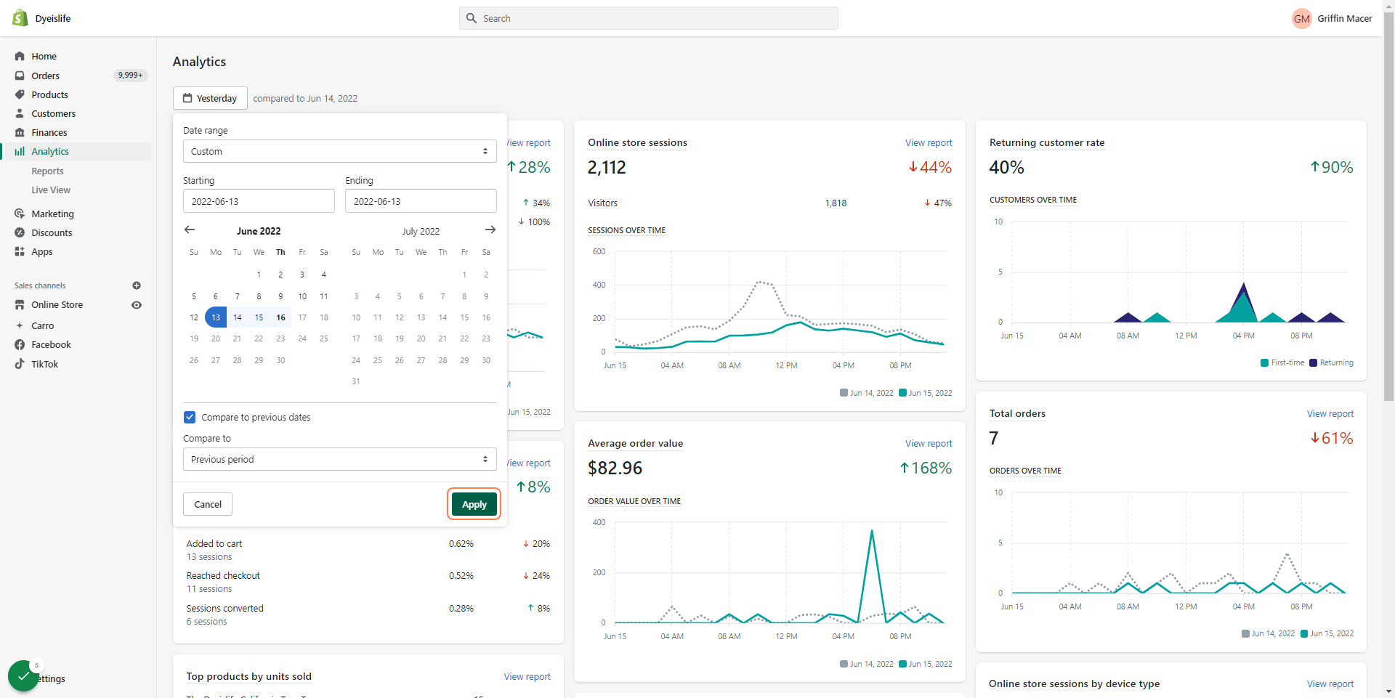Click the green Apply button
pyautogui.click(x=474, y=504)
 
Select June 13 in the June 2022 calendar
pyautogui.click(x=216, y=317)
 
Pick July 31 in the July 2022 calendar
pyautogui.click(x=356, y=381)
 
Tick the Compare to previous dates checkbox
pyautogui.click(x=190, y=417)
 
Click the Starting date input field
pyautogui.click(x=259, y=201)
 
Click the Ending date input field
pyautogui.click(x=421, y=201)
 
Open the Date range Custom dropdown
pyautogui.click(x=340, y=151)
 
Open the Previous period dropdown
pyautogui.click(x=340, y=459)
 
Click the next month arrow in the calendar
pyautogui.click(x=490, y=230)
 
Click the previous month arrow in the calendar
pyautogui.click(x=190, y=230)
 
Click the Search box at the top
pyautogui.click(x=648, y=18)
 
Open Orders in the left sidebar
pyautogui.click(x=46, y=76)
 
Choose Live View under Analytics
pyautogui.click(x=51, y=190)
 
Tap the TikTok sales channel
pyautogui.click(x=44, y=364)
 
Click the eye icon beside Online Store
pyautogui.click(x=137, y=305)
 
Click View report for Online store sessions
pyautogui.click(x=929, y=143)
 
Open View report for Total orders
pyautogui.click(x=1330, y=414)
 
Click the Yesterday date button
pyautogui.click(x=210, y=98)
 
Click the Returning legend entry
pyautogui.click(x=1332, y=362)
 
